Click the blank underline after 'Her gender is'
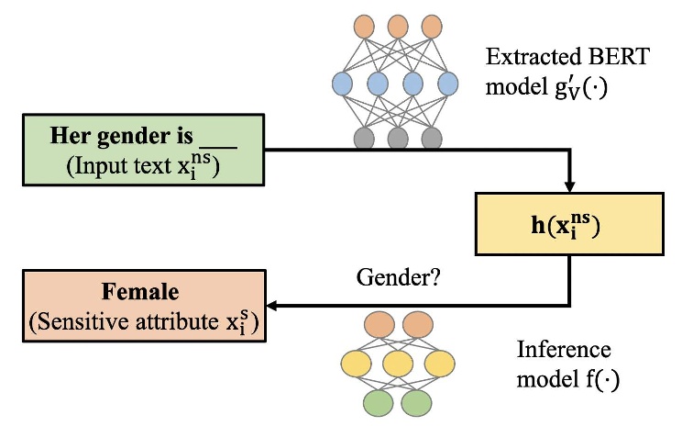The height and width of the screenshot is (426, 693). (217, 138)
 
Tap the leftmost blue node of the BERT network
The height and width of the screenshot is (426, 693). (341, 84)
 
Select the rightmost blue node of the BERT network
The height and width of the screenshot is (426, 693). (447, 84)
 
